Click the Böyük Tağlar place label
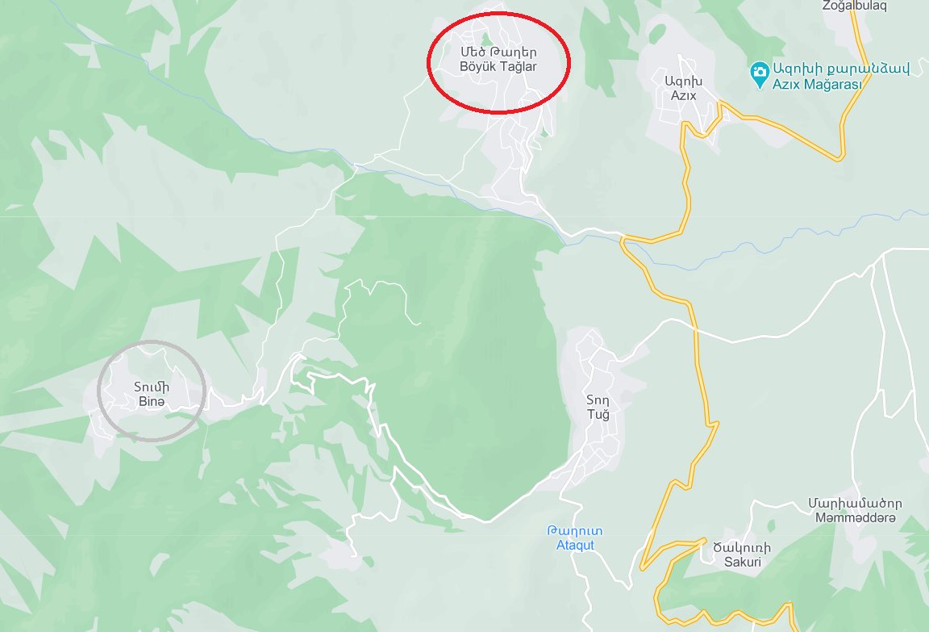(x=498, y=67)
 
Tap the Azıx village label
(x=679, y=95)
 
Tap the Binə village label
(x=150, y=401)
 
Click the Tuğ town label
(x=598, y=414)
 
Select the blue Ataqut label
(x=575, y=545)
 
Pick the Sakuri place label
(x=742, y=562)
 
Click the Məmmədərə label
(x=855, y=517)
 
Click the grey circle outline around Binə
(x=99, y=394)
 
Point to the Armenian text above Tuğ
(x=598, y=400)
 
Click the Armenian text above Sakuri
(x=742, y=547)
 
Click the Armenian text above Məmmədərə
(x=855, y=503)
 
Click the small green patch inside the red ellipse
(x=485, y=38)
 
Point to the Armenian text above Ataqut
(x=575, y=531)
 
